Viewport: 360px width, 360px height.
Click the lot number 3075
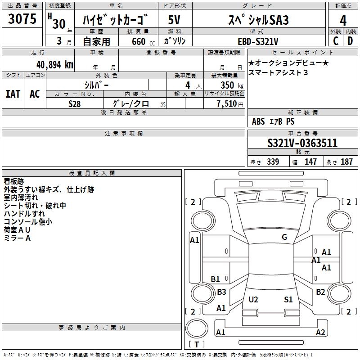point(22,19)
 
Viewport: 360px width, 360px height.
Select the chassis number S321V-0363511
point(302,144)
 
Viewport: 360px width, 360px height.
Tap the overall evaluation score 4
point(343,21)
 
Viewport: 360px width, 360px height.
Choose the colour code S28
point(75,103)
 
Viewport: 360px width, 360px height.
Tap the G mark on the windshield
point(284,237)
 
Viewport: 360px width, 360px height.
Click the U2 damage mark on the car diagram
point(253,299)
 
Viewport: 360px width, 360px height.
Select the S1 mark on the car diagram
point(288,299)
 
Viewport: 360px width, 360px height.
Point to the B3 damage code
point(221,292)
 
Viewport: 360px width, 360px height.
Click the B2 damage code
point(320,292)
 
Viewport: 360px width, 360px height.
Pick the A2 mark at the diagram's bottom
point(320,333)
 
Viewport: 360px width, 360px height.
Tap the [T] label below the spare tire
point(196,345)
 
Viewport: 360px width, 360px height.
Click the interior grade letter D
point(350,41)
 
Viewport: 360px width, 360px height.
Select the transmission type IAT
point(13,94)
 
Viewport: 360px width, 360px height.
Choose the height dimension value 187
point(346,162)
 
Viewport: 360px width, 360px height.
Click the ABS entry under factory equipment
point(258,121)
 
